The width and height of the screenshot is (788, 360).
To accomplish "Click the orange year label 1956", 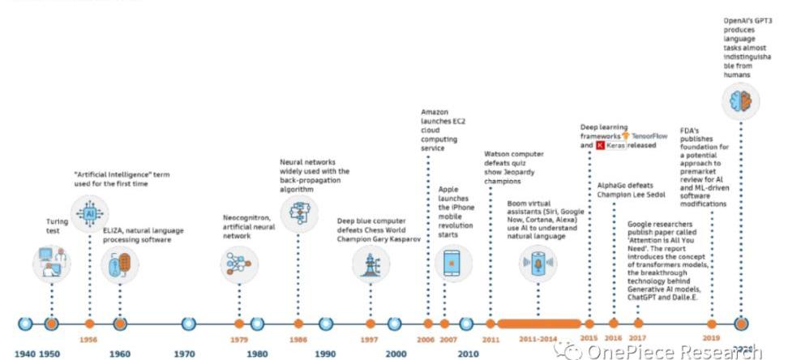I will pyautogui.click(x=89, y=340).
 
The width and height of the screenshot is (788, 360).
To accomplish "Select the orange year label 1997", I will pyautogui.click(x=369, y=340).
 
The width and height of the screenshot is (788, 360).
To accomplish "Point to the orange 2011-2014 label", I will pyautogui.click(x=537, y=340).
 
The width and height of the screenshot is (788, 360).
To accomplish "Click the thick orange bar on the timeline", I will pyautogui.click(x=538, y=324).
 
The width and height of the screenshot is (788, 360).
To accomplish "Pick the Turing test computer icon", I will pyautogui.click(x=52, y=263).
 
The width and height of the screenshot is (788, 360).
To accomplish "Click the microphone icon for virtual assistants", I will pyautogui.click(x=538, y=263).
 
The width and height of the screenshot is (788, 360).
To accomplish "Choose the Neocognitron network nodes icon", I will pyautogui.click(x=238, y=263).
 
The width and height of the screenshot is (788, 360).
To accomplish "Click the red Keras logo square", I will pyautogui.click(x=600, y=146).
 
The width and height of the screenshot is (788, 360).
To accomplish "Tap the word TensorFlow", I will pyautogui.click(x=649, y=136).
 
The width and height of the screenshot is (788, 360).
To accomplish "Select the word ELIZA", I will pyautogui.click(x=112, y=231).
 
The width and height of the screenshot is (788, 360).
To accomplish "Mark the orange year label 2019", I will pyautogui.click(x=712, y=340).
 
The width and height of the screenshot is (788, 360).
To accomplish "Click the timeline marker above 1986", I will pyautogui.click(x=298, y=324).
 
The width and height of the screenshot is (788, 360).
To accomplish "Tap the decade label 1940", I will pyautogui.click(x=24, y=354).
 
